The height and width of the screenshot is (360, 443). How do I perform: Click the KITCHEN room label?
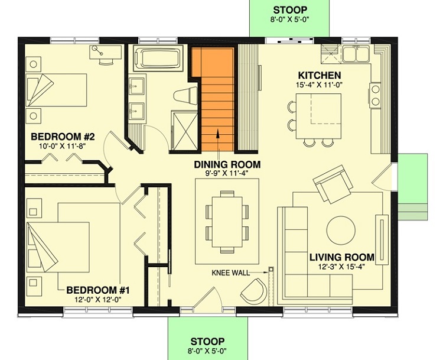pos(319,75)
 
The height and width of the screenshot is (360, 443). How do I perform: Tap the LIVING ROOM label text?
pos(342,257)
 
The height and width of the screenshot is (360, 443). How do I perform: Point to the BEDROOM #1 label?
pos(98,290)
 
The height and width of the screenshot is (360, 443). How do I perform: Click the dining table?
pos(227,220)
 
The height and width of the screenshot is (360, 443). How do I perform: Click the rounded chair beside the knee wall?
pos(254,291)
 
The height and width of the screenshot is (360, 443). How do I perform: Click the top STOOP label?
pos(289,10)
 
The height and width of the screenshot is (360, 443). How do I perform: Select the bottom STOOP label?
pos(207,342)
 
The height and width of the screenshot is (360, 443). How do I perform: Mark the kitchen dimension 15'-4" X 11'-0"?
pos(319,86)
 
